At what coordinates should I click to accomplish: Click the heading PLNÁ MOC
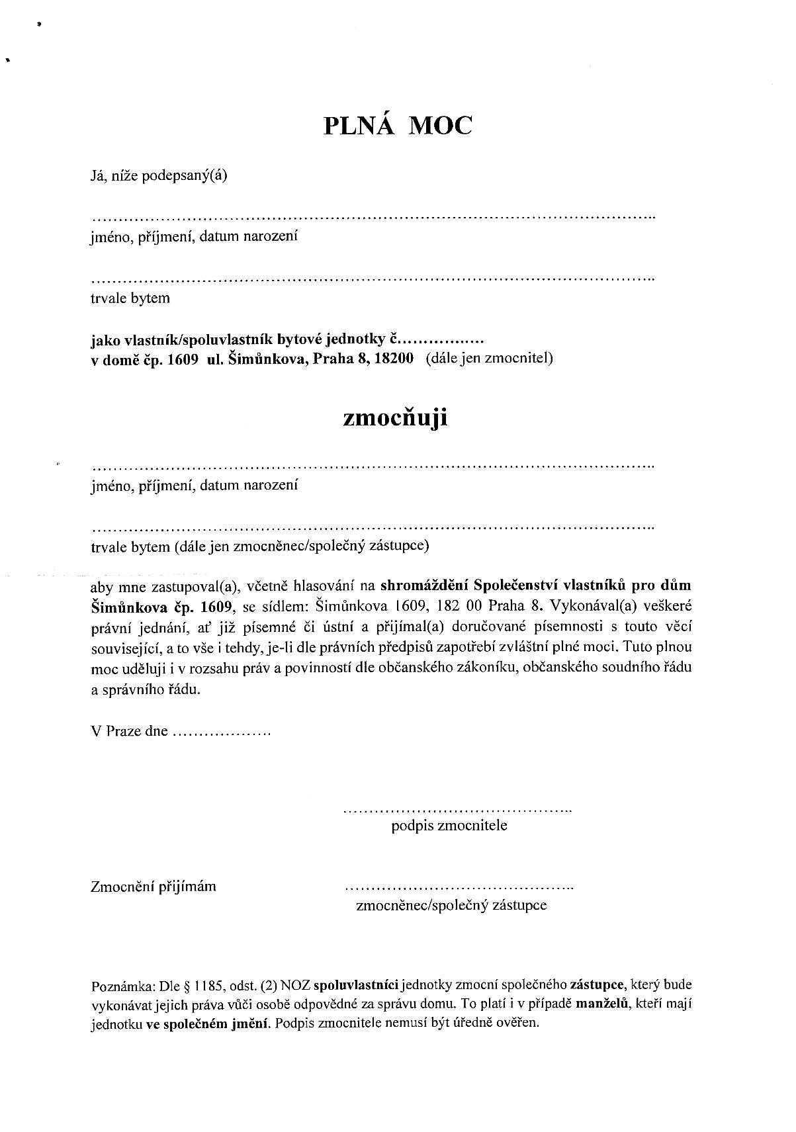point(398,125)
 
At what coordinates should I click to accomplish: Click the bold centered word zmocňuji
point(395,418)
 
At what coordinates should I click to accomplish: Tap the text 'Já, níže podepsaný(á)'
point(159,176)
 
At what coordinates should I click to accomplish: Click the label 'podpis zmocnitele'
point(449,826)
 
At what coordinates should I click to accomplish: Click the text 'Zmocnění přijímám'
point(154,887)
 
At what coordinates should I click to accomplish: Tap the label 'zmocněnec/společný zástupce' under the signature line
point(451,905)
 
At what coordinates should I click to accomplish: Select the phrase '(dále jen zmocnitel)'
point(489,359)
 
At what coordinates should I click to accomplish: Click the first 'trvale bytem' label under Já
point(130,298)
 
